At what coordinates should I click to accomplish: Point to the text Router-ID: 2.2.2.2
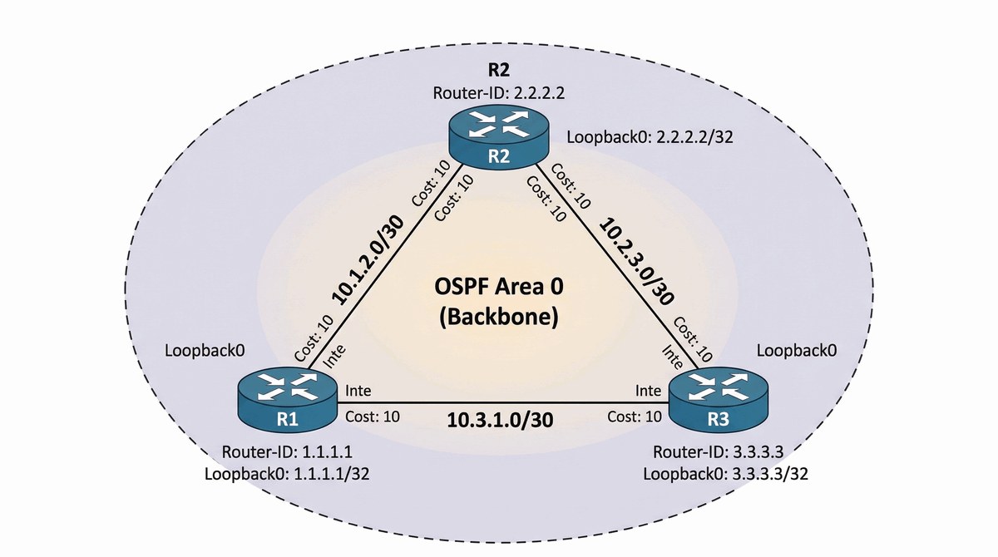coord(499,92)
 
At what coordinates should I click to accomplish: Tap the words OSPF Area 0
coord(499,288)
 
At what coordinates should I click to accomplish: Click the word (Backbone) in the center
coord(499,317)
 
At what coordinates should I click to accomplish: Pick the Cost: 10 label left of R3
coord(635,416)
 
